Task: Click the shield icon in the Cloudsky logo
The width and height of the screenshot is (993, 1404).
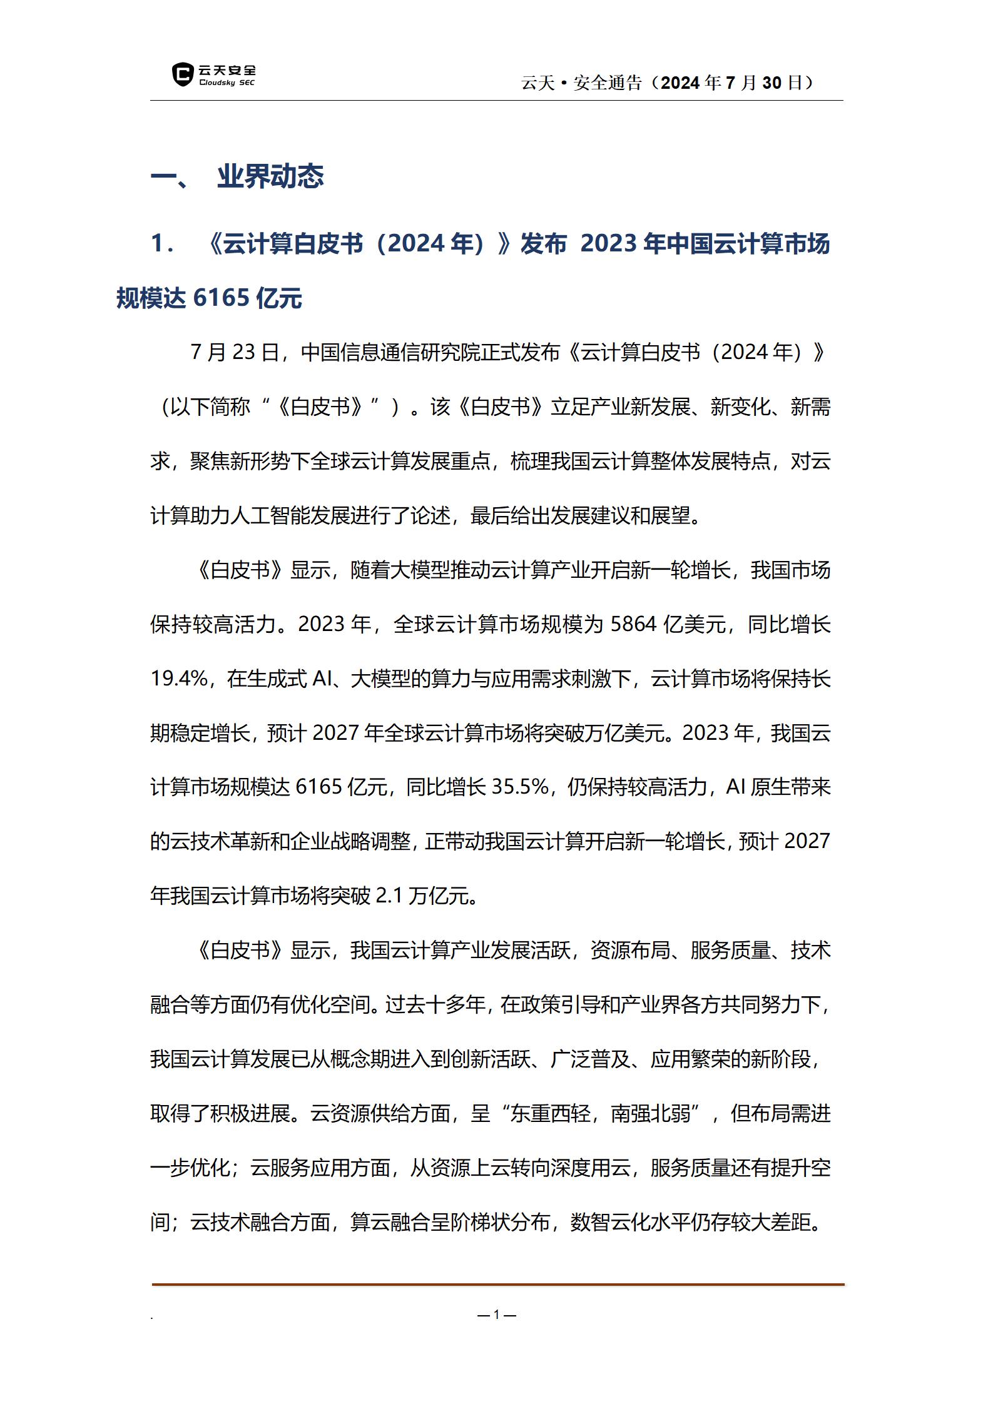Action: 182,74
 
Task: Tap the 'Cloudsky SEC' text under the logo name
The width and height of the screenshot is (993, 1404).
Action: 227,83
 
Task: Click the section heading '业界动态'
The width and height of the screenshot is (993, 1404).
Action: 270,177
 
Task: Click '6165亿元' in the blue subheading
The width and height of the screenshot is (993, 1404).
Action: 248,298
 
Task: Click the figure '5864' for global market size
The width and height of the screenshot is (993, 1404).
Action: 633,624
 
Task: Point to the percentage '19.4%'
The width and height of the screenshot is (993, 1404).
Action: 179,679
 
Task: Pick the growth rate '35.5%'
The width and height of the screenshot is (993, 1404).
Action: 520,787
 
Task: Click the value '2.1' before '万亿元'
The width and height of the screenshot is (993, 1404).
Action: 389,896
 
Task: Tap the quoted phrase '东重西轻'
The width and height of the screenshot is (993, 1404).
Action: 550,1113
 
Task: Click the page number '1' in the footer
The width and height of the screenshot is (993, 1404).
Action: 497,1315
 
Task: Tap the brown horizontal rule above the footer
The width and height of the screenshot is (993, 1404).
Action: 498,1285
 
